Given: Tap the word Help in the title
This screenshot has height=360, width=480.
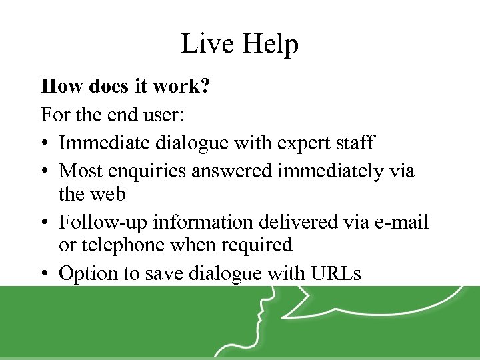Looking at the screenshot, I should pyautogui.click(x=269, y=44).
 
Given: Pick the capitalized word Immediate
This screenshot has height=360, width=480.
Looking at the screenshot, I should pyautogui.click(x=103, y=143).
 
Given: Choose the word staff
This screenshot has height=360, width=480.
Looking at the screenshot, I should pyautogui.click(x=354, y=143).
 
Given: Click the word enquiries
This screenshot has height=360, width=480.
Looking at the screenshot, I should pyautogui.click(x=149, y=171).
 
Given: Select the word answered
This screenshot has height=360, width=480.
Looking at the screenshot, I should pyautogui.click(x=233, y=171).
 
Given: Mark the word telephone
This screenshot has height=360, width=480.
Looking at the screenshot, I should pyautogui.click(x=123, y=245).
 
